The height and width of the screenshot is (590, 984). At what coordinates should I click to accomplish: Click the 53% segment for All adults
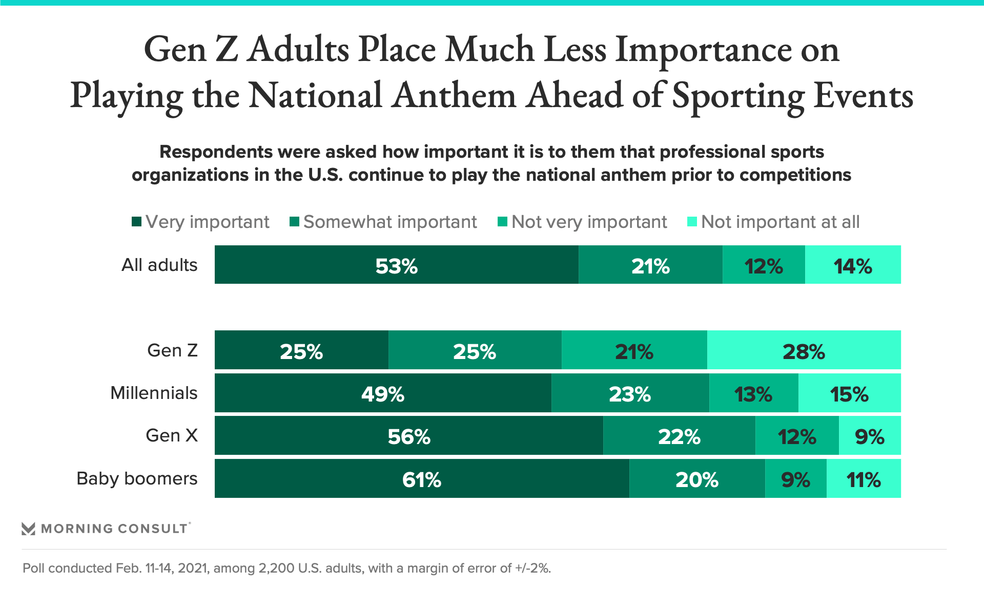pos(396,265)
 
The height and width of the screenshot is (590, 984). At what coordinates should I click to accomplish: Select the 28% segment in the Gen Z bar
pos(804,350)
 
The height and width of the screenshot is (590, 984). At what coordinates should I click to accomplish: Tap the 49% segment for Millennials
pos(383,393)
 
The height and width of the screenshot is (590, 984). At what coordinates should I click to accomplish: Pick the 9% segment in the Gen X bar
pos(870,435)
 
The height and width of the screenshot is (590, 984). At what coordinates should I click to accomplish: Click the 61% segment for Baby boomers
pos(422,478)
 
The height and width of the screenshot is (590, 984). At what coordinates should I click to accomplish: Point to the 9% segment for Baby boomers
pos(795,478)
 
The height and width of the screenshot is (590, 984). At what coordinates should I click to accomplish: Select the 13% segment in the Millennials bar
pos(753,393)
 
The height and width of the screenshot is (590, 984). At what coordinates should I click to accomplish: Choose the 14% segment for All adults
pos(853,265)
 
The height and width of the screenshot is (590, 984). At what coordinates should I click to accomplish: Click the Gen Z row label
pos(172,350)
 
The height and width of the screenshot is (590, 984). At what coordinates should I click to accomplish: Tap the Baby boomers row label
pos(137,478)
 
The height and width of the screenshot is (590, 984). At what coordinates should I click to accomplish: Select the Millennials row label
pos(154,393)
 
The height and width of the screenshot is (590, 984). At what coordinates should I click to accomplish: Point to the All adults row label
pos(159,265)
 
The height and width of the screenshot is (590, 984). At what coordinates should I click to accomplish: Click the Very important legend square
pos(136,222)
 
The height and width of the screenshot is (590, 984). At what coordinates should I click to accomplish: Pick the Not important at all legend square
pos(692,222)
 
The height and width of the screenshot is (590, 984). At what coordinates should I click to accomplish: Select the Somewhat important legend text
pos(390,222)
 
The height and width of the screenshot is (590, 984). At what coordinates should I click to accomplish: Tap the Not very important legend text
pos(589,222)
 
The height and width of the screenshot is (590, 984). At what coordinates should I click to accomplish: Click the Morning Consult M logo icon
pos(28,529)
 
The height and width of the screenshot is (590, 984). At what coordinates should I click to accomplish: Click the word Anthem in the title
pos(454,96)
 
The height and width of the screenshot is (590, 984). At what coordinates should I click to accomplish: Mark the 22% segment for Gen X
pos(679,435)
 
